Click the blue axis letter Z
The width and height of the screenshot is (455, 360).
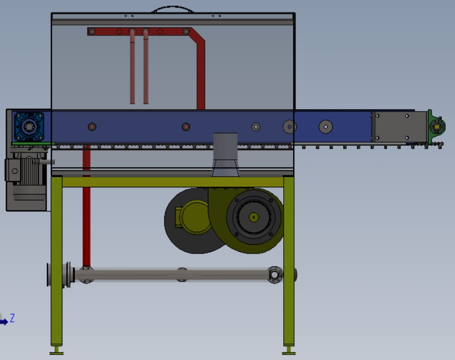coord(12,318)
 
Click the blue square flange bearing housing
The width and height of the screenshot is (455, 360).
coord(29,127)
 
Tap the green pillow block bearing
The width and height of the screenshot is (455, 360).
coord(436,127)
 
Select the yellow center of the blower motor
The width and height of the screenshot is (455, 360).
coord(254,217)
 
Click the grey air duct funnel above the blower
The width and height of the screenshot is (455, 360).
coord(225,155)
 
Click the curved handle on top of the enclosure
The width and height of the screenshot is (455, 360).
coord(173,7)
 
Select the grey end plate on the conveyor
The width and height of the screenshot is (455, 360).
coord(399,127)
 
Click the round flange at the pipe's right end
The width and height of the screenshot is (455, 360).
coord(275,275)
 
